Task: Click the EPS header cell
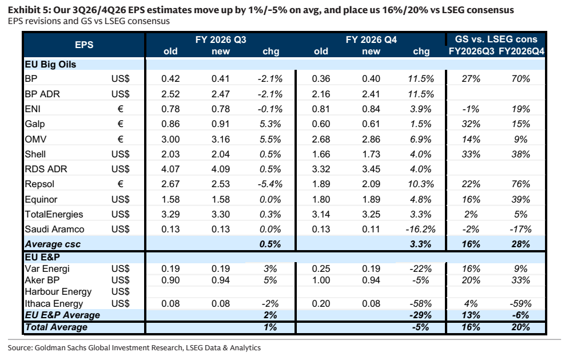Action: (84, 45)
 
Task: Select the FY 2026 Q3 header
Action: (221, 39)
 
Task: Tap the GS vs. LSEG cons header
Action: (496, 39)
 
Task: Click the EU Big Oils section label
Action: (50, 64)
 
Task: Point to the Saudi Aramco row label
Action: (54, 230)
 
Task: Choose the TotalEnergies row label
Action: (54, 214)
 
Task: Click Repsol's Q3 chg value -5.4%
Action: (270, 184)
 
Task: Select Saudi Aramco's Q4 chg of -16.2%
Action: (421, 230)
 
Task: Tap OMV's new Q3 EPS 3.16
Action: (221, 139)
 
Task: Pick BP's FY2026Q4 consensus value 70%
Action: (521, 79)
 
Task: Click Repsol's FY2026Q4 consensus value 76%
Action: (521, 184)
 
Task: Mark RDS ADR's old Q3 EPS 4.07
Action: (170, 169)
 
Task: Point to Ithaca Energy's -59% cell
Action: (521, 304)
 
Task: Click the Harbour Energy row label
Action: (58, 292)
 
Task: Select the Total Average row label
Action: (56, 327)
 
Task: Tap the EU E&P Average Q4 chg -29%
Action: (421, 315)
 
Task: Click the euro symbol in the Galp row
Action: (121, 124)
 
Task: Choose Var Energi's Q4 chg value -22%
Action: (421, 269)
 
